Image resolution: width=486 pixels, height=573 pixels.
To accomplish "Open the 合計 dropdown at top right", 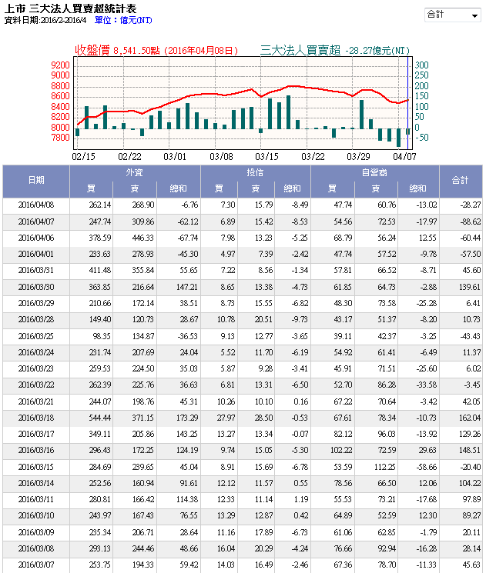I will click(x=453, y=15).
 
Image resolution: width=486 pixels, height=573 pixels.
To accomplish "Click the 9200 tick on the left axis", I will click(x=60, y=65).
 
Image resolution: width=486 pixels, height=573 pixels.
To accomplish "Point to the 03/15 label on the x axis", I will click(x=268, y=156).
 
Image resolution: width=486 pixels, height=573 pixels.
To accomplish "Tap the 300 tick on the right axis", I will click(x=421, y=65).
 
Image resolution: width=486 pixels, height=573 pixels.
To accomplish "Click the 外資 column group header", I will click(x=134, y=173).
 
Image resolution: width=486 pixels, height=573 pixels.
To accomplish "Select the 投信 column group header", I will click(x=255, y=173).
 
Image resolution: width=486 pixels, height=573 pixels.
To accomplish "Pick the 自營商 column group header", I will click(x=374, y=173).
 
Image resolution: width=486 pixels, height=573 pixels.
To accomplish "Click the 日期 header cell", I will click(x=36, y=181).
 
